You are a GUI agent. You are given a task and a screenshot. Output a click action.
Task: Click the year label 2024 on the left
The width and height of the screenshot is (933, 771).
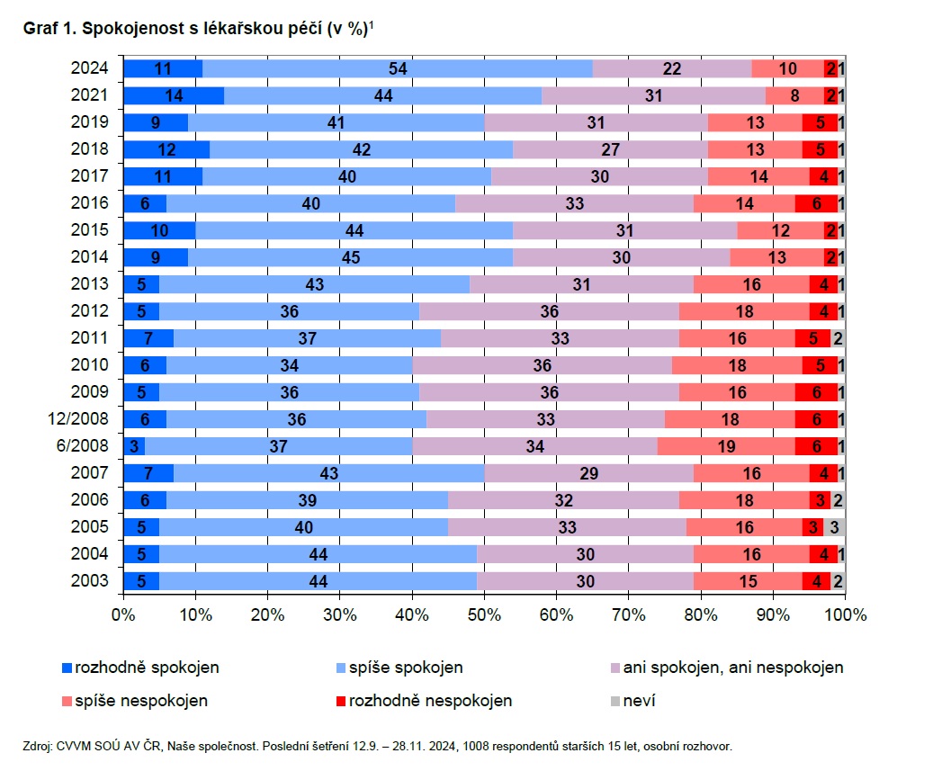click(90, 68)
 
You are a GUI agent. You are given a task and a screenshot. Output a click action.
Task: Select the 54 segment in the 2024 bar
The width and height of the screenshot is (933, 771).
click(398, 68)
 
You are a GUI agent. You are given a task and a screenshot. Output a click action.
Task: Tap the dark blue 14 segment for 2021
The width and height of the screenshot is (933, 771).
click(174, 95)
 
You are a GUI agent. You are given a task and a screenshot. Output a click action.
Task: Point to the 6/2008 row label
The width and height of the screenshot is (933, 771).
click(89, 446)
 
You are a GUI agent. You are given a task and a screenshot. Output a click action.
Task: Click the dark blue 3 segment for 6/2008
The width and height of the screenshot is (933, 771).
click(134, 446)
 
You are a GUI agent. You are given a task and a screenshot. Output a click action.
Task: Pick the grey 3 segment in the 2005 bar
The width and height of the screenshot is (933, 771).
click(835, 527)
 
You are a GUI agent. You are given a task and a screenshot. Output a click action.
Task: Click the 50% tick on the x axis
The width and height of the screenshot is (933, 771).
click(484, 616)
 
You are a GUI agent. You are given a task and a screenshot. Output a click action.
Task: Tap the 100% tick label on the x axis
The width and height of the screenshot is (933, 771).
click(845, 616)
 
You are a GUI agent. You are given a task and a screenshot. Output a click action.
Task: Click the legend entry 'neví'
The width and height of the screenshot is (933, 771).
click(639, 700)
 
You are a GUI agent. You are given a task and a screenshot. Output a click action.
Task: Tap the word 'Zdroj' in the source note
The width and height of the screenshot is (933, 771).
click(38, 746)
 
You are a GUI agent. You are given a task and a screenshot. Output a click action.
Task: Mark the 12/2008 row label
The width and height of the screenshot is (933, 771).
click(83, 419)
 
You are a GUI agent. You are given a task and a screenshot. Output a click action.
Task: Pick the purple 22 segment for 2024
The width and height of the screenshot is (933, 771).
click(671, 68)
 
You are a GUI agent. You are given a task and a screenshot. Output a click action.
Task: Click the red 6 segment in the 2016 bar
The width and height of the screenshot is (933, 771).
click(816, 203)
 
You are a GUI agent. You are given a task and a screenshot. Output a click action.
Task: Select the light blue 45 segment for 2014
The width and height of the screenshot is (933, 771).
click(350, 257)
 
